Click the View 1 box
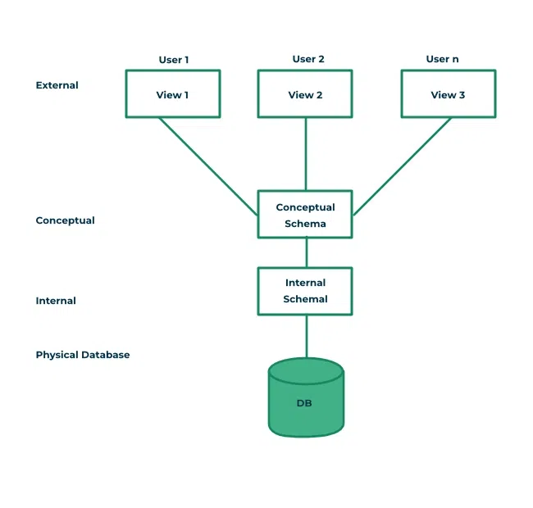[x=172, y=94]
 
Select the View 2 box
[x=305, y=94]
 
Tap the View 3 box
[x=448, y=94]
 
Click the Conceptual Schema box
[x=305, y=215]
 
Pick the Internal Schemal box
[x=305, y=291]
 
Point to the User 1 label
[x=172, y=60]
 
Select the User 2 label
[x=308, y=59]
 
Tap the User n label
[x=442, y=59]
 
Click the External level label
[x=57, y=85]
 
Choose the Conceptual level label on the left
[x=65, y=220]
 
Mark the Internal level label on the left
[x=56, y=301]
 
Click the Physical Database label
[x=83, y=355]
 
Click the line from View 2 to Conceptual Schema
[x=306, y=154]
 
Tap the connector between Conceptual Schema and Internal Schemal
[x=306, y=252]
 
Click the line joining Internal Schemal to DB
[x=306, y=336]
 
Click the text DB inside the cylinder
[x=304, y=404]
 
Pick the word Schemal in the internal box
[x=305, y=299]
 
